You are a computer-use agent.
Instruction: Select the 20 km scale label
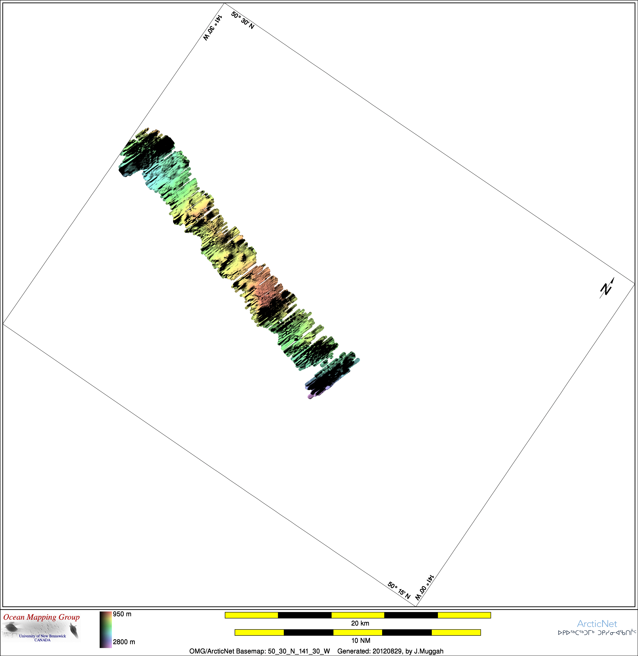(x=360, y=623)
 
